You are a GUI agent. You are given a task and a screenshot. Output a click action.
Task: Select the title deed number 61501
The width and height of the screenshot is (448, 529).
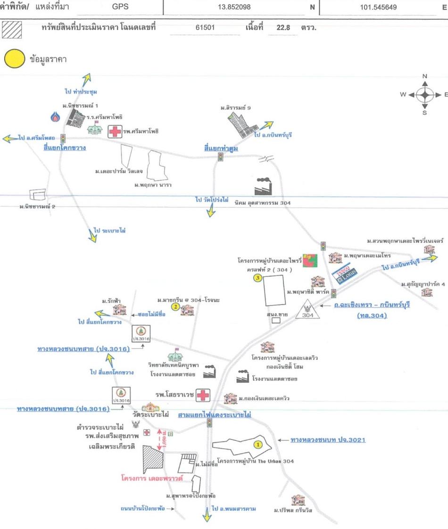point(205,28)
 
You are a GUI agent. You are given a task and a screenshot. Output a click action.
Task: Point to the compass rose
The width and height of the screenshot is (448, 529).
point(425,94)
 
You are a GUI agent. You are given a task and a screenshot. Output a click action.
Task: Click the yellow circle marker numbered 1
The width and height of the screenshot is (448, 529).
point(258,444)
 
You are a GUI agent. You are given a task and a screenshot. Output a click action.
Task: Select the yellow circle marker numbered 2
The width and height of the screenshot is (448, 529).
point(174,307)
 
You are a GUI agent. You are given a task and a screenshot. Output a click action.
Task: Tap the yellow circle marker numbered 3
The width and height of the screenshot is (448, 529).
point(257,278)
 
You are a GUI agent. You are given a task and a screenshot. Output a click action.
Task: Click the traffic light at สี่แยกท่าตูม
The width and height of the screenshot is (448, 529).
point(220,157)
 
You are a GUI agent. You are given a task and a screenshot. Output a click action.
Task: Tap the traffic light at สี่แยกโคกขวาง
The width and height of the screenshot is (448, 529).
point(62,139)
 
